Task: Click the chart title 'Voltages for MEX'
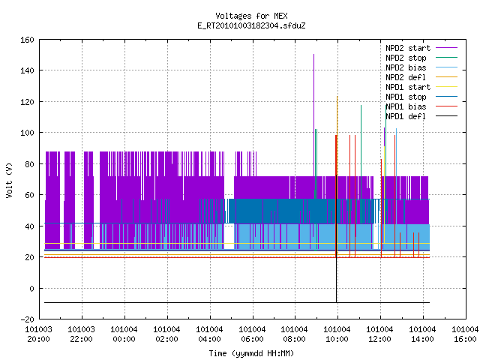[x=251, y=16]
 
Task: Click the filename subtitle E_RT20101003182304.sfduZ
[x=251, y=25]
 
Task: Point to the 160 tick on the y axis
[x=27, y=40]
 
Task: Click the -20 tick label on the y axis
[x=27, y=319]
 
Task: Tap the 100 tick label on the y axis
[x=27, y=133]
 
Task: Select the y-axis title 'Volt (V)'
[x=9, y=181]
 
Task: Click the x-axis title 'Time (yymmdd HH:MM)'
[x=251, y=353]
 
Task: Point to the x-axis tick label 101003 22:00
[x=81, y=334]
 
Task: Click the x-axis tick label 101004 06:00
[x=252, y=334]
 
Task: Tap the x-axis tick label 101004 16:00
[x=465, y=334]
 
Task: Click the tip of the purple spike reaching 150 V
[x=313, y=55]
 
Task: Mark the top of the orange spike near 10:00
[x=337, y=97]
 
